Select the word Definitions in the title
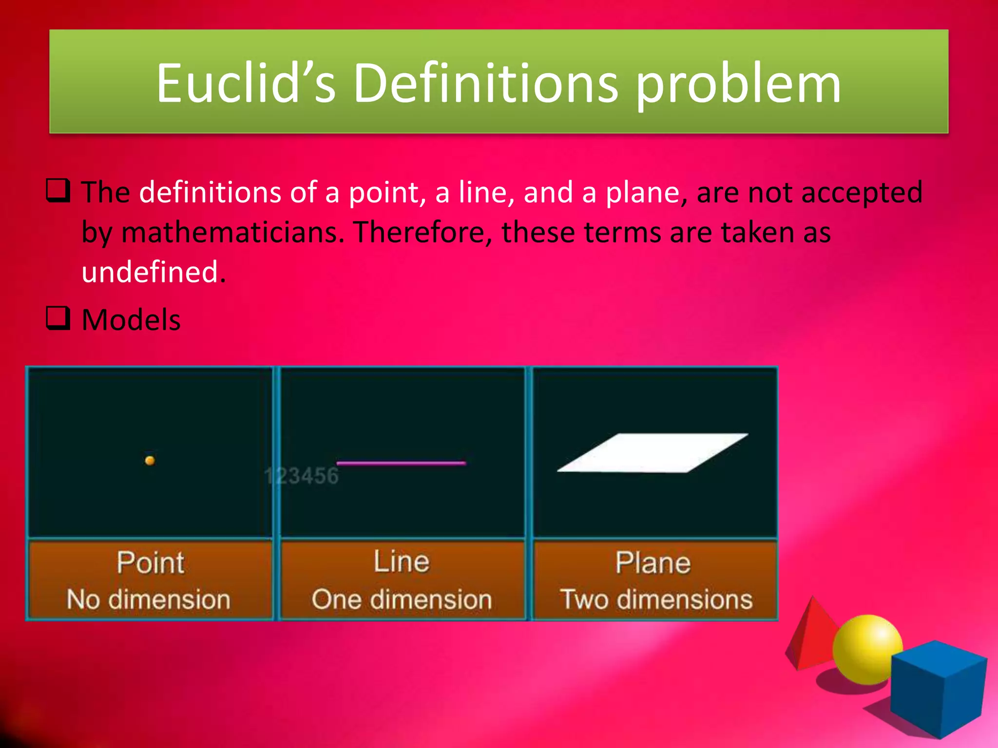[x=485, y=84]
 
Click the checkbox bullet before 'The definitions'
[x=58, y=191]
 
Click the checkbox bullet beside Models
[x=58, y=318]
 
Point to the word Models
[x=131, y=320]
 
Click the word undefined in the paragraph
[x=154, y=272]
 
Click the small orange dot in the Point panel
[x=150, y=460]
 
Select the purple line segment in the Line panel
[x=401, y=463]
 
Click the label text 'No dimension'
[x=149, y=599]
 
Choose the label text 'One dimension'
[x=402, y=599]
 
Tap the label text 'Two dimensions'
[x=656, y=599]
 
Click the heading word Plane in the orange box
[x=653, y=563]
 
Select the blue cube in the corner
[x=938, y=689]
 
